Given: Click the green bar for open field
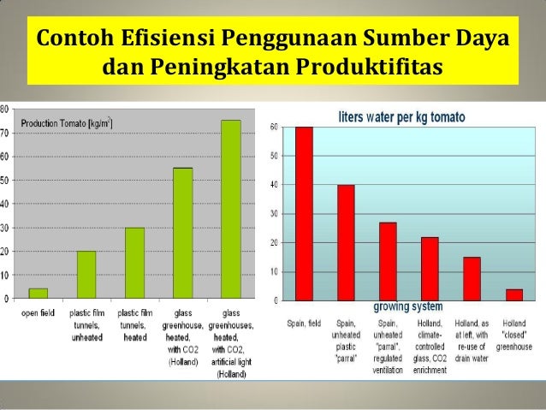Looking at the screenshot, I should pyautogui.click(x=38, y=294).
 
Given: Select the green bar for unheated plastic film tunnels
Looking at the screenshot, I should pyautogui.click(x=86, y=275).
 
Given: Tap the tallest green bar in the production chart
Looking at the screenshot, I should pyautogui.click(x=231, y=209).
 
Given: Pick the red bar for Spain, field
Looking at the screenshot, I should pyautogui.click(x=304, y=214).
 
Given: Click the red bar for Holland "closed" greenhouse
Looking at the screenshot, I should pyautogui.click(x=513, y=294).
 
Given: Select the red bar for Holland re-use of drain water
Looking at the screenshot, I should pyautogui.click(x=472, y=279).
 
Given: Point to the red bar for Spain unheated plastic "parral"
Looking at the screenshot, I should pyautogui.click(x=346, y=243).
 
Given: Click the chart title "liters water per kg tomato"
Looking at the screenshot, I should pyautogui.click(x=401, y=116).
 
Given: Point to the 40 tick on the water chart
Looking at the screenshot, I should pyautogui.click(x=274, y=185).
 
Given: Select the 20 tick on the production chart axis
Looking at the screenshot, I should pyautogui.click(x=5, y=253).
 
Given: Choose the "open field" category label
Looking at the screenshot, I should pyautogui.click(x=38, y=313).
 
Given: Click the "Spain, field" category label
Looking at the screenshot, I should pyautogui.click(x=304, y=323).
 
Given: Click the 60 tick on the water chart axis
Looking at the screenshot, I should pyautogui.click(x=274, y=128).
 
